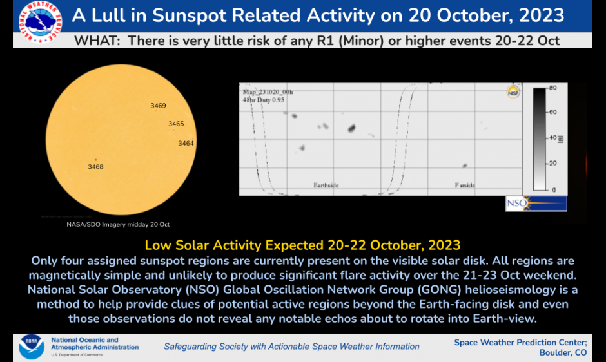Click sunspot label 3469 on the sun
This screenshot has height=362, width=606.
coord(158,106)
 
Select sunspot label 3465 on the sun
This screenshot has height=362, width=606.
coord(176,124)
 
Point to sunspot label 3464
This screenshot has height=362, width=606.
coord(186,143)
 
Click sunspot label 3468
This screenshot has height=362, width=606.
coord(95,167)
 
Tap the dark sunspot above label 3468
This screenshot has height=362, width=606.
coord(95,159)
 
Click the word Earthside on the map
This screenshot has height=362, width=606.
coord(326,186)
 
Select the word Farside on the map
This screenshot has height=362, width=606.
coord(464,186)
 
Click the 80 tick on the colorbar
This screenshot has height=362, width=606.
coord(552,87)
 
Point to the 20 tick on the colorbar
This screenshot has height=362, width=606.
coord(552,164)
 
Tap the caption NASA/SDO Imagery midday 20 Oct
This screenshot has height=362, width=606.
coord(118,224)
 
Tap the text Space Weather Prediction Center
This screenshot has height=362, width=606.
coord(520,342)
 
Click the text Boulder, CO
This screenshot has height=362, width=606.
coord(563,352)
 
